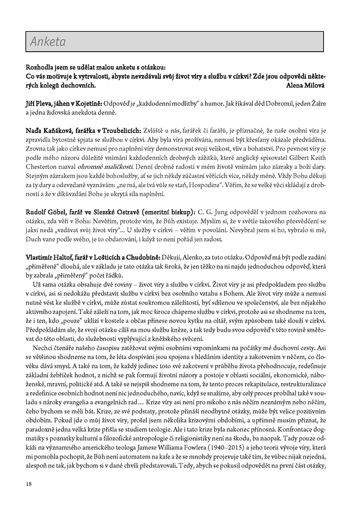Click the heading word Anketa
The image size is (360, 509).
click(x=48, y=42)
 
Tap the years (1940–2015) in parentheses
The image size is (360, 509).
click(x=269, y=445)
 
